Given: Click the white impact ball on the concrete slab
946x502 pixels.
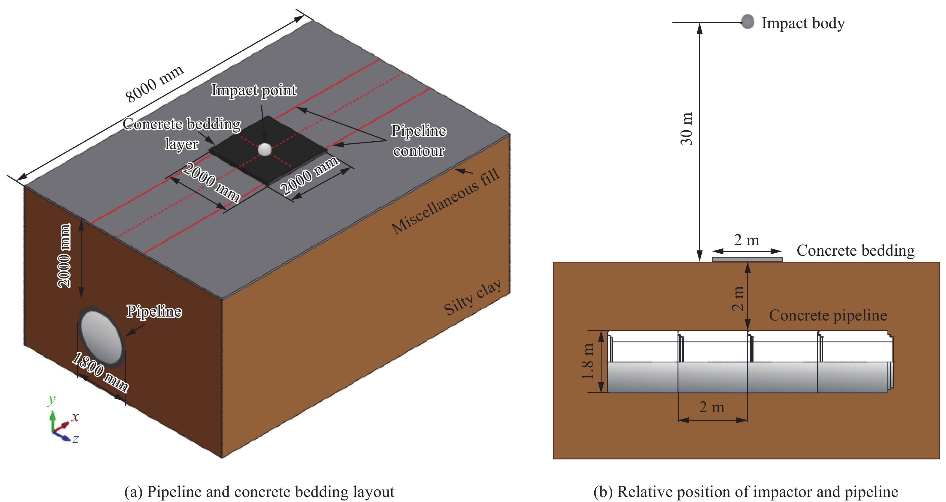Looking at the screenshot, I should click(264, 149).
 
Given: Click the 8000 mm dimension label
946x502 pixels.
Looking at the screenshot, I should click(154, 84).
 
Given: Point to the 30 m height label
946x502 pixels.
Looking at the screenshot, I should click(686, 128).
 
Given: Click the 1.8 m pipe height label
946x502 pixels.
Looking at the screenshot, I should click(588, 362).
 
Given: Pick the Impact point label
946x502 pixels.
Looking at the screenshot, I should click(254, 90).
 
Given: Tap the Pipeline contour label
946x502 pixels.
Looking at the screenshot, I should click(419, 140).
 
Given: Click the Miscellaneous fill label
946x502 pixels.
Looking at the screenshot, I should click(445, 201).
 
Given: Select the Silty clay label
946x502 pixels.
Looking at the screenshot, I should click(472, 297).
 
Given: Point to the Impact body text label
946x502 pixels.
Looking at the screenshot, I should click(803, 23).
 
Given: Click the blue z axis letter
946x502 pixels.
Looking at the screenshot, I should click(75, 439).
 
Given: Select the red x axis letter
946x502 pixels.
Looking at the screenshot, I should click(75, 417).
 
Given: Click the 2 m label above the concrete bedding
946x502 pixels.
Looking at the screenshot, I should click(746, 240).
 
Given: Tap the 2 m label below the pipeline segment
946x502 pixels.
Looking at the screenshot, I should click(712, 407).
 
